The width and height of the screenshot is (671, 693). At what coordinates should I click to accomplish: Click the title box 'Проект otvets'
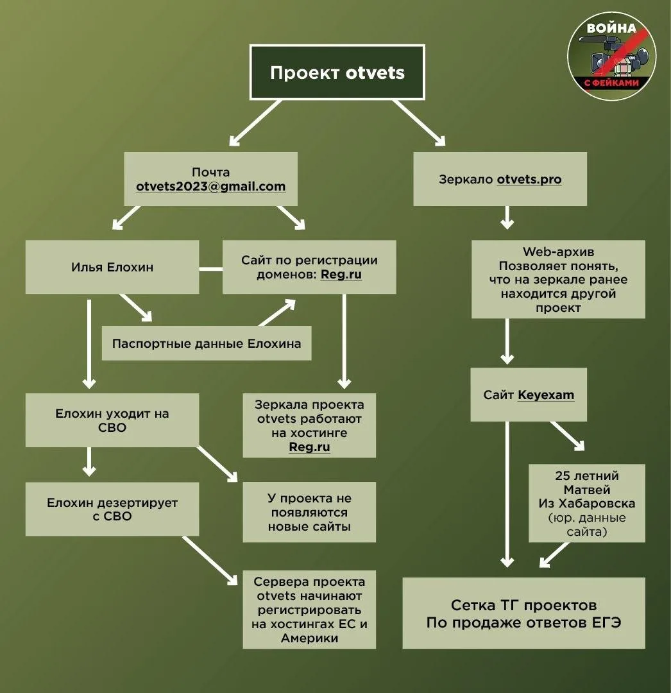337,72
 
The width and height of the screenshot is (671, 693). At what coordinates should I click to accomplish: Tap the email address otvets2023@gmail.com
210,187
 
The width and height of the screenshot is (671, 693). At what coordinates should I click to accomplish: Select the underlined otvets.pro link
529,180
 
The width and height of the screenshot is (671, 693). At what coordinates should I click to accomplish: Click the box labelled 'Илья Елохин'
112,267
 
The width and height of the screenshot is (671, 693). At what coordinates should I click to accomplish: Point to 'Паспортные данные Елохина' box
207,343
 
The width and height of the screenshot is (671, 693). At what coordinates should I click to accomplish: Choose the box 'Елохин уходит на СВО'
112,420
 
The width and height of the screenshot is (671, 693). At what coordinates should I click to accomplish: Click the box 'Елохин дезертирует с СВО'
112,509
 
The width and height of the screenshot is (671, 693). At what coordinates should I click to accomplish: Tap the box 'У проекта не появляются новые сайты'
309,512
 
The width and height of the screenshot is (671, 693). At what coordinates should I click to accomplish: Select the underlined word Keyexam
546,395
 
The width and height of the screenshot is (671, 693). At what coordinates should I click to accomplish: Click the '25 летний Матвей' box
586,503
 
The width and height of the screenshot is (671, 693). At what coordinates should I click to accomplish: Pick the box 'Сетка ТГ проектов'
524,613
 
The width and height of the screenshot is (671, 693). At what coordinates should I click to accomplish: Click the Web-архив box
558,279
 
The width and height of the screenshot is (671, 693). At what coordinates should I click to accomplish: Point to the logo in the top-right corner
612,56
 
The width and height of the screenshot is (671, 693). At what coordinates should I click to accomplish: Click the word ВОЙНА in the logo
611,28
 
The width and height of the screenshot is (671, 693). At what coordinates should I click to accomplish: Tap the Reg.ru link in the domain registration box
341,275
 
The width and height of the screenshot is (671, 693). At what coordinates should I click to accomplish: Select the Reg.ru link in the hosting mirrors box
309,447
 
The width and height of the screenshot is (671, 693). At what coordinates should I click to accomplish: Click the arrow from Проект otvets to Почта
255,123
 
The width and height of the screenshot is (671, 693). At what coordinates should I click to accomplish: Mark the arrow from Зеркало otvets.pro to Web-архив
507,218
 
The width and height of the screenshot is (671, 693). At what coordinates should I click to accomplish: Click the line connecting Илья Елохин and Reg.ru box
210,269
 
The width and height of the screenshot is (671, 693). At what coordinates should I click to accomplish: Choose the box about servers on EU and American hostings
309,610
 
